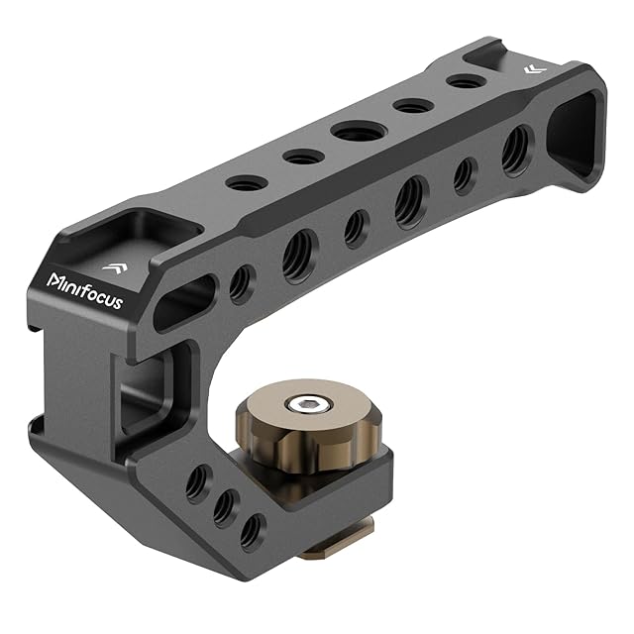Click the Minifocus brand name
click(x=84, y=290)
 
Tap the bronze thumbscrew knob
click(x=307, y=426)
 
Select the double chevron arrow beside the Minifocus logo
click(x=115, y=267)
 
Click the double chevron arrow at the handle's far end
click(x=535, y=69)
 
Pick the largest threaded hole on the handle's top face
click(x=359, y=132)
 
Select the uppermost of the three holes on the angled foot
click(x=199, y=483)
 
